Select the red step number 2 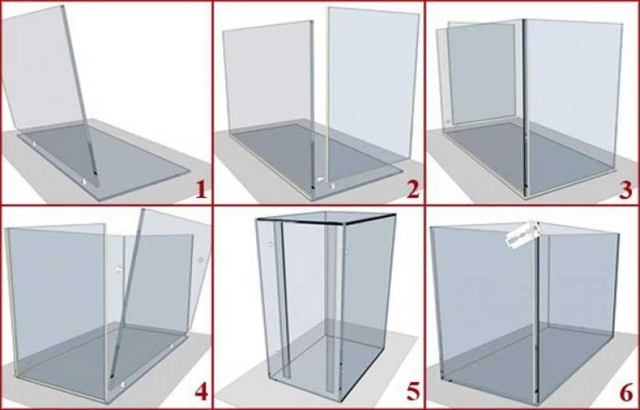coord(413,190)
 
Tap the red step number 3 coord(626,190)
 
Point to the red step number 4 coord(202,392)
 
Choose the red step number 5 coord(413,392)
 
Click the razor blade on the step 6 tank coord(522,233)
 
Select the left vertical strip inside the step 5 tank coord(282,299)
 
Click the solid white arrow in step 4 coord(118,269)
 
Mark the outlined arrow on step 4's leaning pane coord(201,260)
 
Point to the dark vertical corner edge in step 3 coord(525,107)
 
